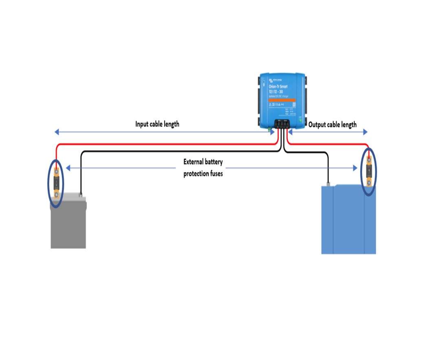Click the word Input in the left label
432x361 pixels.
[x=143, y=124]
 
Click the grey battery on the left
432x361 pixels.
[x=68, y=225]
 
